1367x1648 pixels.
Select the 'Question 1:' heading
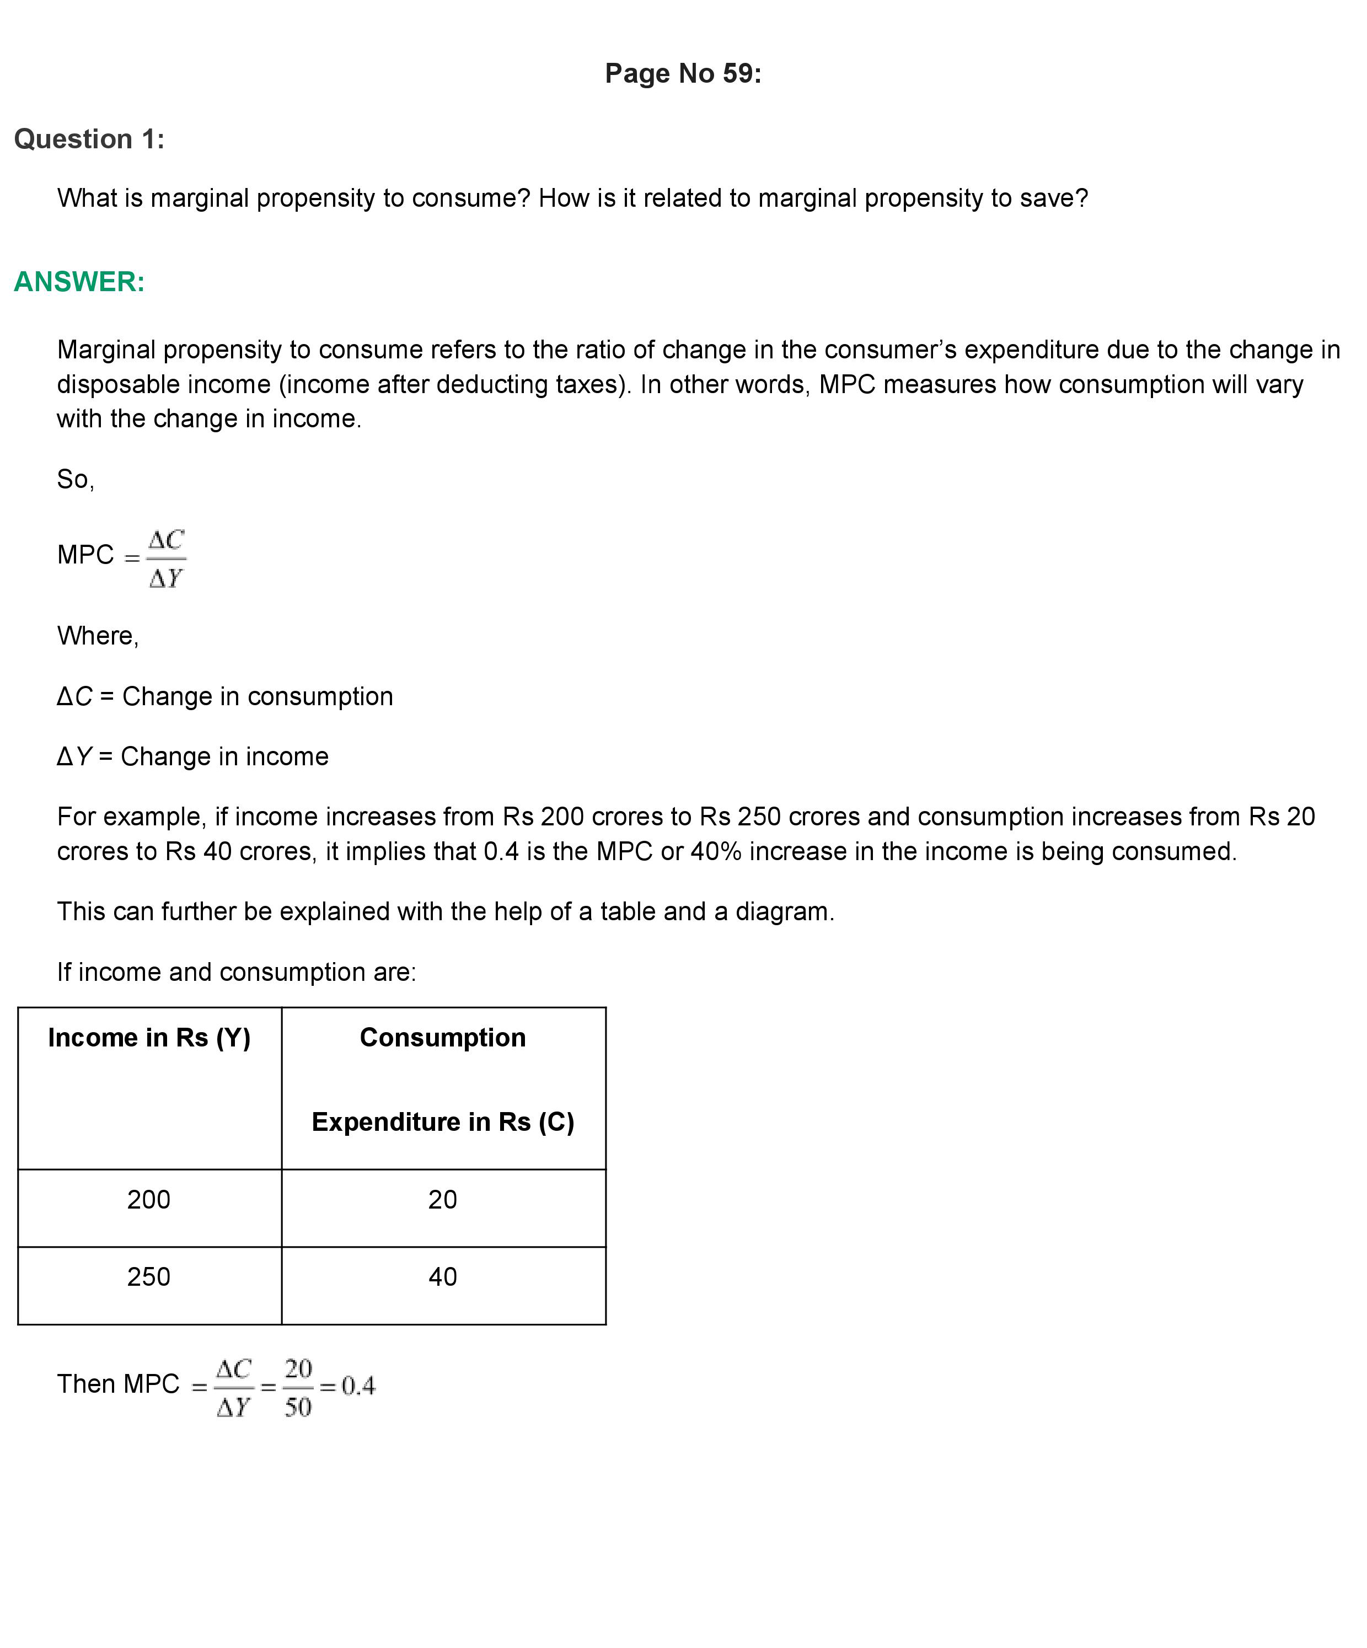(x=89, y=139)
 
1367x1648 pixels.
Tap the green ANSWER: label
(x=79, y=282)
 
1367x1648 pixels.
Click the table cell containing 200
(x=148, y=1199)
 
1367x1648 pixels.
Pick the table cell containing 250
(x=148, y=1277)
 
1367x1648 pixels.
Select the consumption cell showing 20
(x=443, y=1199)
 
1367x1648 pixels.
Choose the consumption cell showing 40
(x=443, y=1277)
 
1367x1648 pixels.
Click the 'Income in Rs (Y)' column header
(x=149, y=1038)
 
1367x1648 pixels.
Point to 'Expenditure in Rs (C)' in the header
(x=443, y=1121)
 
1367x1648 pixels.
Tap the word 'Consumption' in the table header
(x=443, y=1038)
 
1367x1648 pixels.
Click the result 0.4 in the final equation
(x=358, y=1386)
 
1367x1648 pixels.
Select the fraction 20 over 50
(x=298, y=1387)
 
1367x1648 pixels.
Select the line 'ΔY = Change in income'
(x=192, y=756)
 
